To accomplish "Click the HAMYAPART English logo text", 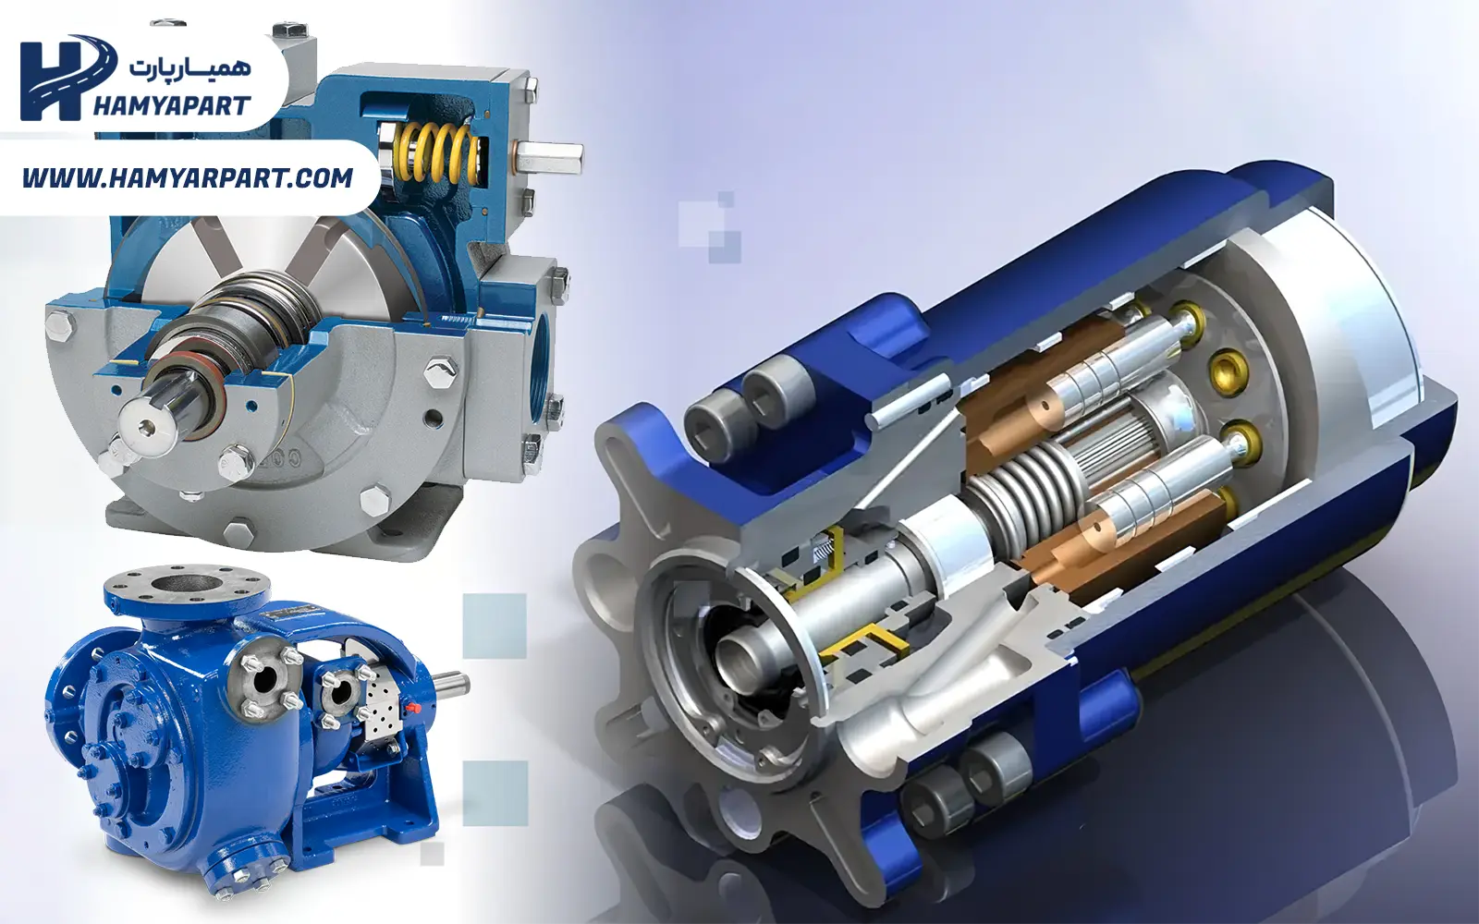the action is [x=171, y=105].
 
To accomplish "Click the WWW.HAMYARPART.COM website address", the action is [x=188, y=178].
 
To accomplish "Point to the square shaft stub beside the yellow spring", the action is [x=549, y=161].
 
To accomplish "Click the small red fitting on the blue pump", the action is [x=415, y=708].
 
